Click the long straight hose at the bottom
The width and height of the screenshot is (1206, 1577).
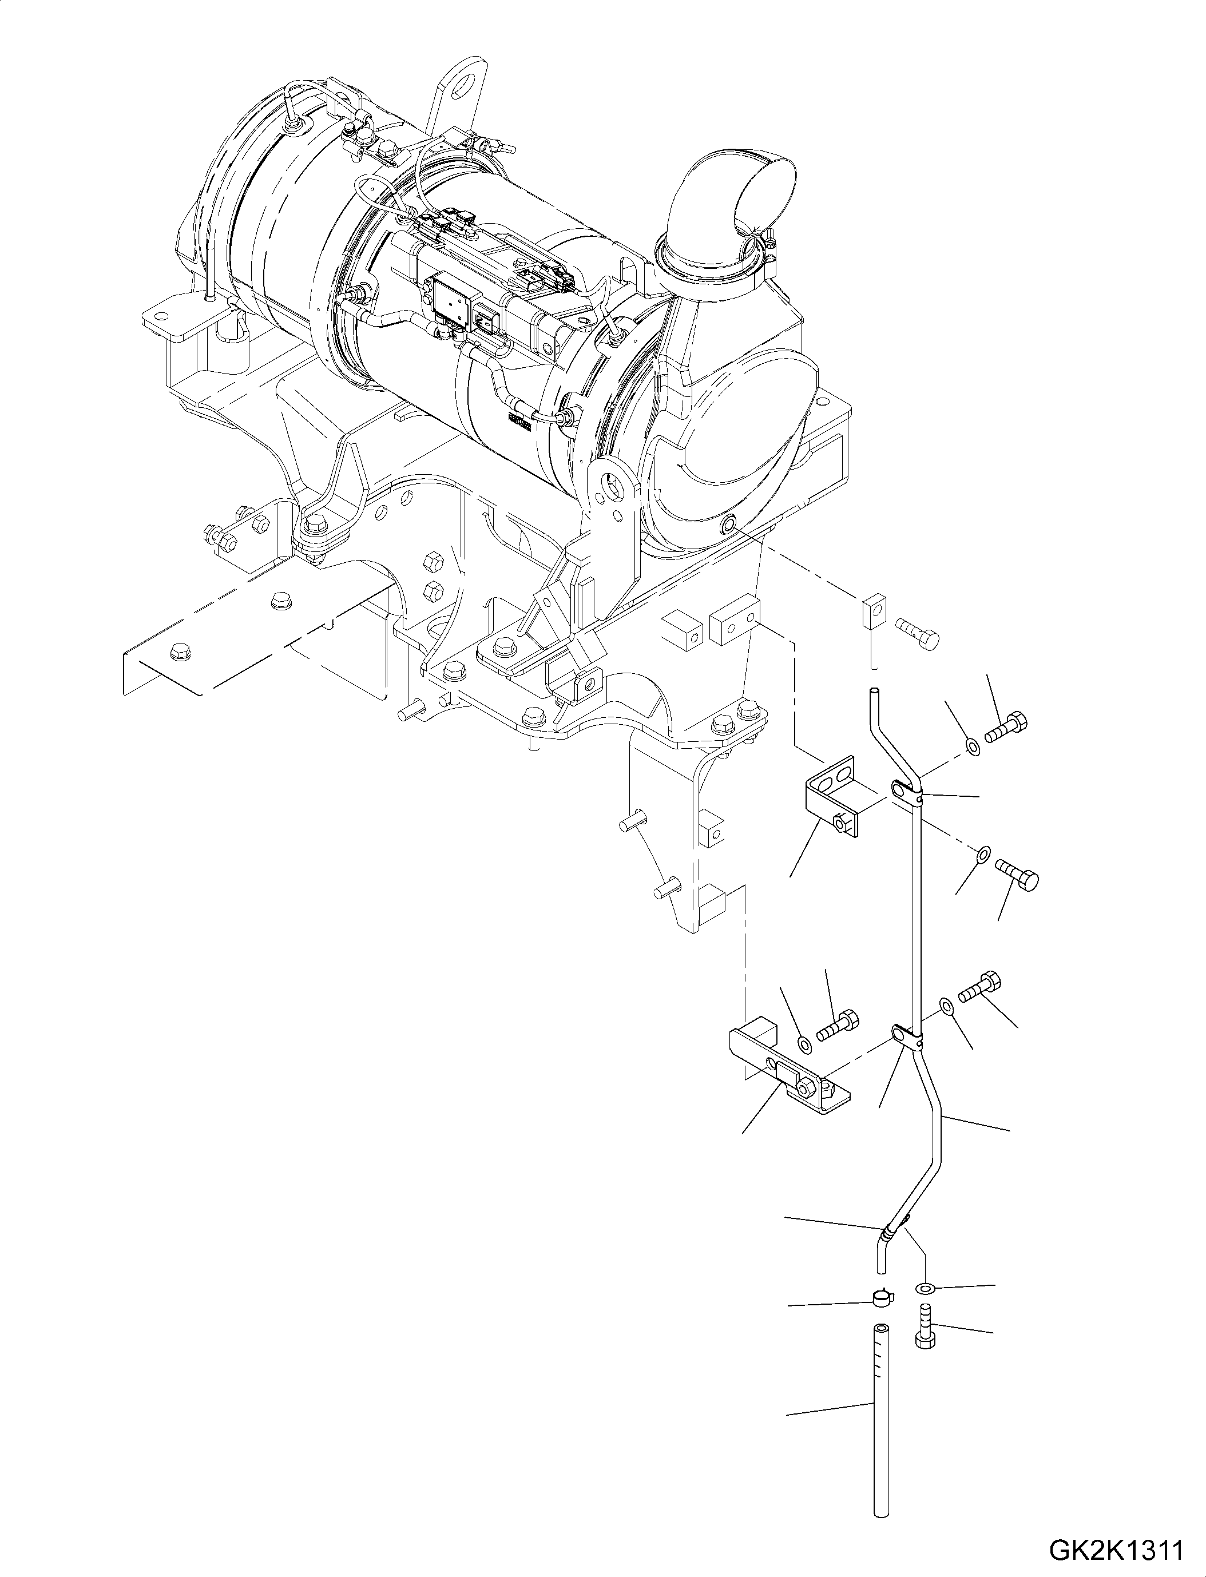click(x=882, y=1428)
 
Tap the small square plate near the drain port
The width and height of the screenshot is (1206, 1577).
click(x=875, y=610)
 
